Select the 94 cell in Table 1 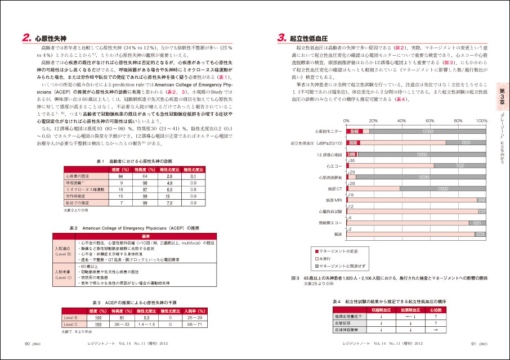click(120, 176)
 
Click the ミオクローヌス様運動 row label click(86, 190)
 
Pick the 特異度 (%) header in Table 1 click(145, 169)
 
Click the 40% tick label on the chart click(401, 121)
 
